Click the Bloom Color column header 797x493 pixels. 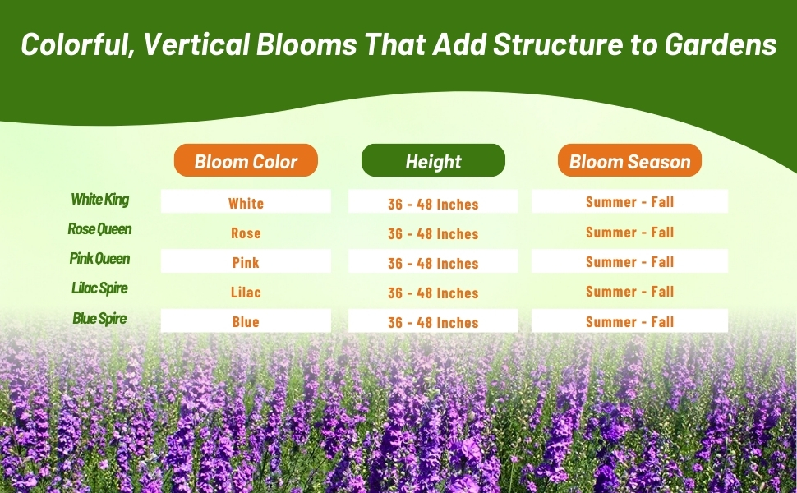(x=246, y=160)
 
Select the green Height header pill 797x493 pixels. (x=433, y=160)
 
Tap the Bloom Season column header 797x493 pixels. (x=629, y=160)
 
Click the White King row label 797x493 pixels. (x=99, y=199)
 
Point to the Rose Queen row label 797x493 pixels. (x=99, y=228)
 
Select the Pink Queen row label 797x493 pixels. (x=99, y=258)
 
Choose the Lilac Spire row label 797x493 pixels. (x=99, y=288)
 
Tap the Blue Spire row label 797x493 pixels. (x=99, y=318)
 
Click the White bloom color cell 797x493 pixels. (x=246, y=202)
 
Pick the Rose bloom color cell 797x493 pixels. (x=246, y=233)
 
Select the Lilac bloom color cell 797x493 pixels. (x=246, y=292)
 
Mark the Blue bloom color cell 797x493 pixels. (x=246, y=320)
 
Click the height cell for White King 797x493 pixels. (x=433, y=202)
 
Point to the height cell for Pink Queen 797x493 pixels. (x=433, y=261)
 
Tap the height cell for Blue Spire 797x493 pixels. (x=433, y=320)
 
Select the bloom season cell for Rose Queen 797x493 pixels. (x=629, y=233)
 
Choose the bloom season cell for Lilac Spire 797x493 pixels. (x=629, y=291)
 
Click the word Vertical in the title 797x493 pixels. (x=196, y=44)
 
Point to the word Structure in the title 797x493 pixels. (x=558, y=44)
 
